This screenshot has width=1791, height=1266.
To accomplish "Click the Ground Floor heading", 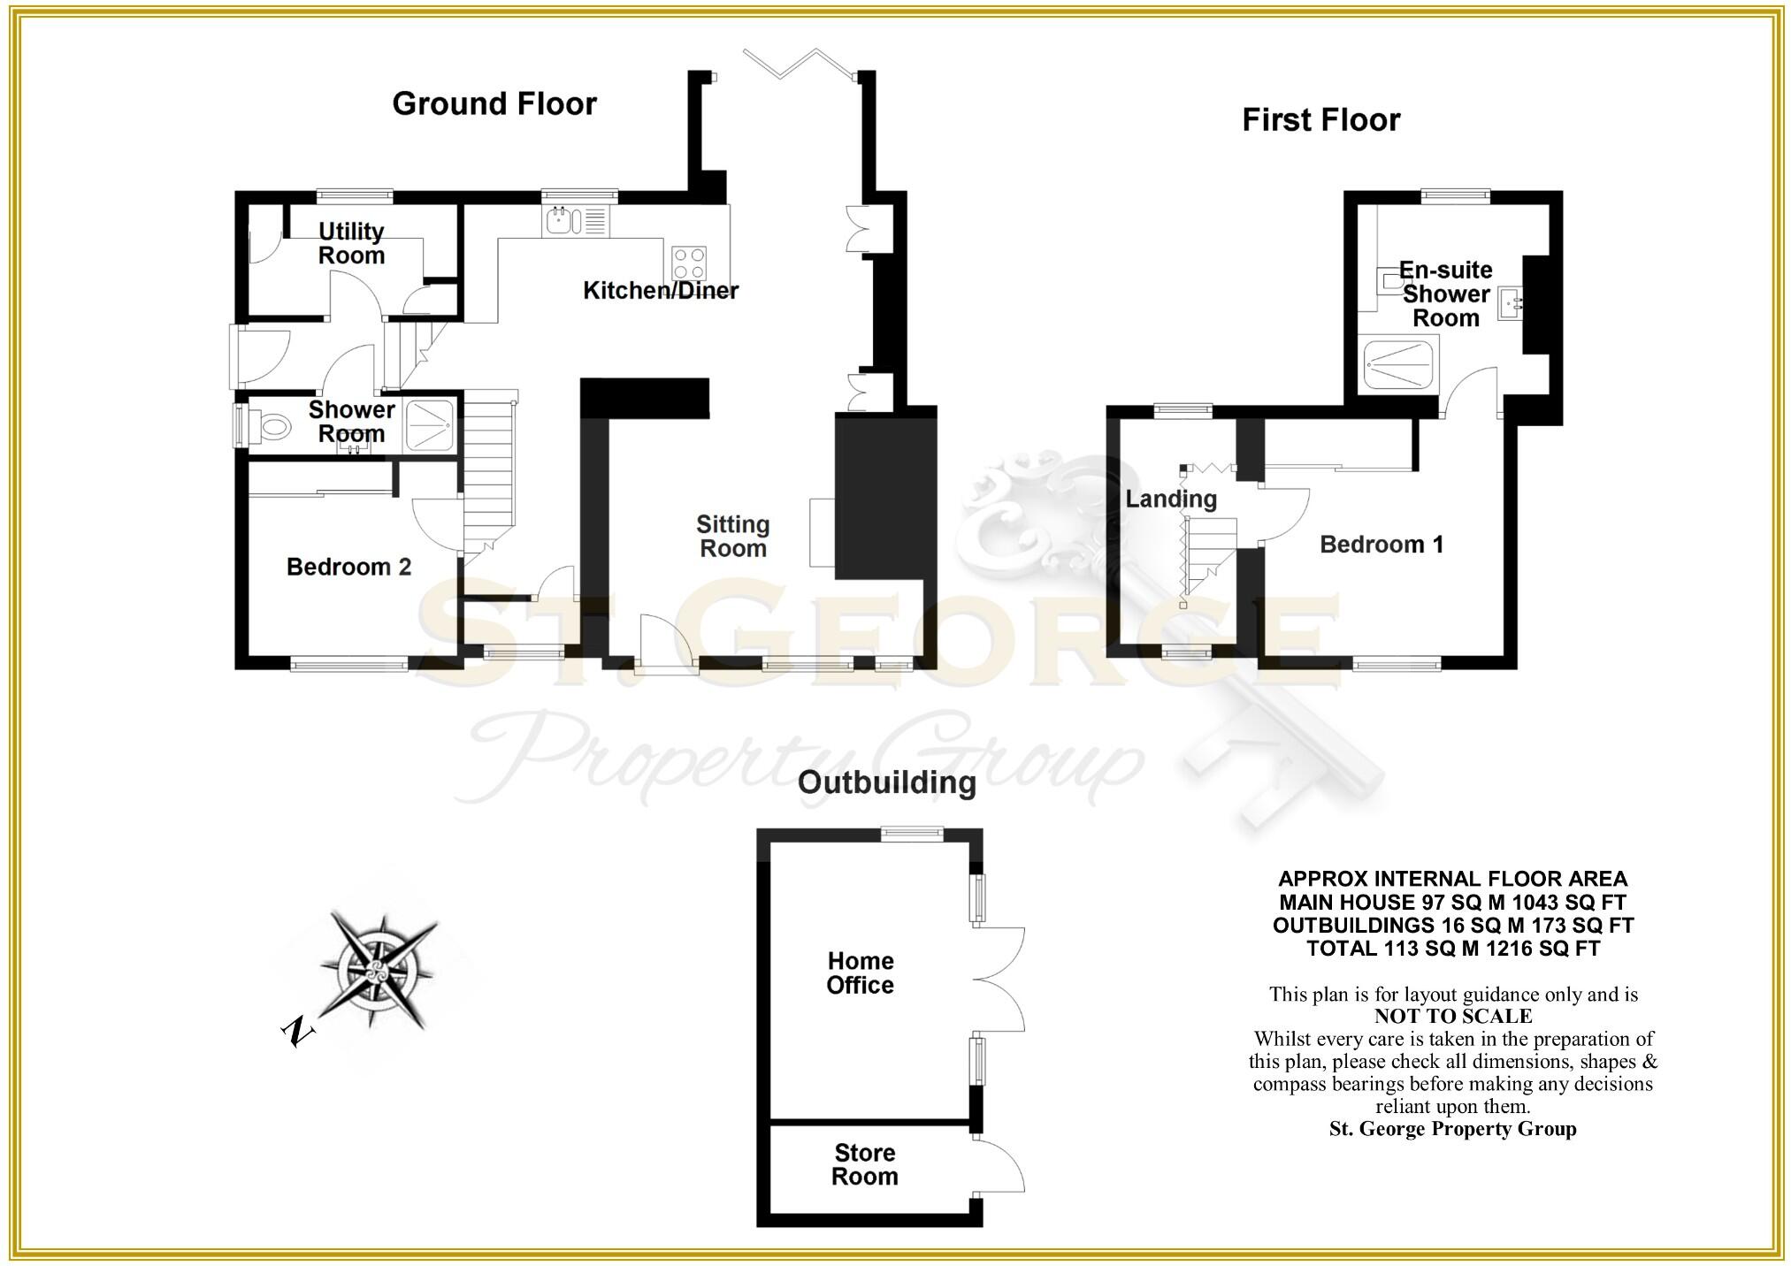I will coord(494,104).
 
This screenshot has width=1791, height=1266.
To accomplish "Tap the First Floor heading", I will coord(1320,120).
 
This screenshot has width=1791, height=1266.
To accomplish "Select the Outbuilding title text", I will coord(886,782).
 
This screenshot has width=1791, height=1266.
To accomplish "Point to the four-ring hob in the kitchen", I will coord(690,262).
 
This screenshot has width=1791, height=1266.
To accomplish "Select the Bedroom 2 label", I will coord(348,567).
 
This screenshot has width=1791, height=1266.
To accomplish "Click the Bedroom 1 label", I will coord(1381,545).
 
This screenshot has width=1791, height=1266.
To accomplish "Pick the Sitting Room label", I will coord(732,537).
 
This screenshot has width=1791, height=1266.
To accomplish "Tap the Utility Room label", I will coord(351,243).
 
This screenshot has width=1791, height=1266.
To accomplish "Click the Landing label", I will coord(1170,500).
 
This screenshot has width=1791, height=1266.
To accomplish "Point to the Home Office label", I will coord(860,972).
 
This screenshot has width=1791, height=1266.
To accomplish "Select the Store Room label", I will coord(864,1164).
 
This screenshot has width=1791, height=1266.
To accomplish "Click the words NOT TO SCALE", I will coord(1453,1017).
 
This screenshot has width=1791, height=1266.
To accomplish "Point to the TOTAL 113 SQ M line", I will coord(1452,949).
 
